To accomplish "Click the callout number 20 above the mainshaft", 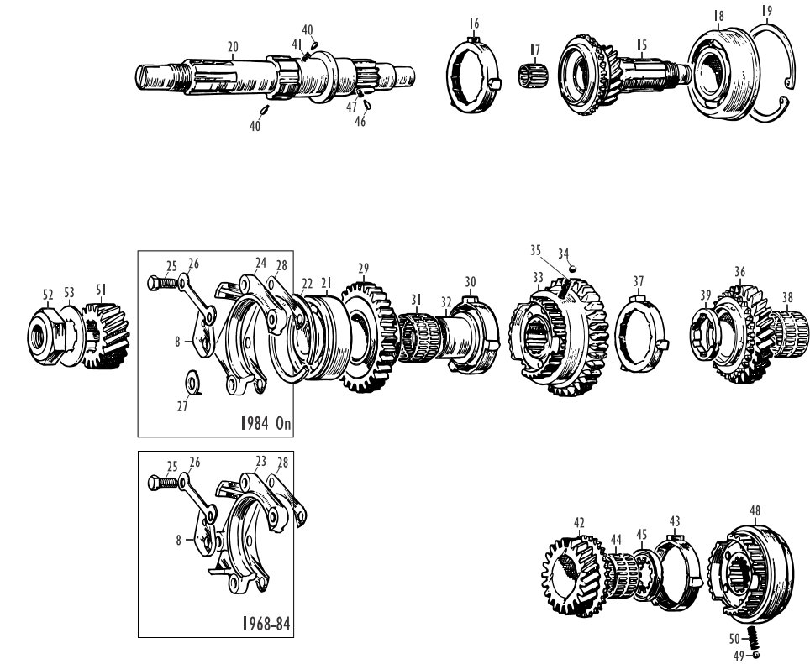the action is click(x=233, y=47).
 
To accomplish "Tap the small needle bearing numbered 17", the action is click(x=533, y=76).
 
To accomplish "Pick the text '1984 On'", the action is click(x=266, y=424).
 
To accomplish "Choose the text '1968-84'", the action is click(x=266, y=624).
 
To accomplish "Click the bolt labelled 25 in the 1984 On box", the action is click(x=163, y=283).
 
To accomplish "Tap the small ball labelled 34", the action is click(x=572, y=268).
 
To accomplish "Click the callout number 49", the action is click(x=739, y=656).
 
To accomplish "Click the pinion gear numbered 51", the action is click(x=105, y=335).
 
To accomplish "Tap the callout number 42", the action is click(x=579, y=523).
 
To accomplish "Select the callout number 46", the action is click(x=360, y=121).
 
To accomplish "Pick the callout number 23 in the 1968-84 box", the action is click(x=260, y=461).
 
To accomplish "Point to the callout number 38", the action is click(x=787, y=297).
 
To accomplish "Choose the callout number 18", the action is click(x=718, y=15).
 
